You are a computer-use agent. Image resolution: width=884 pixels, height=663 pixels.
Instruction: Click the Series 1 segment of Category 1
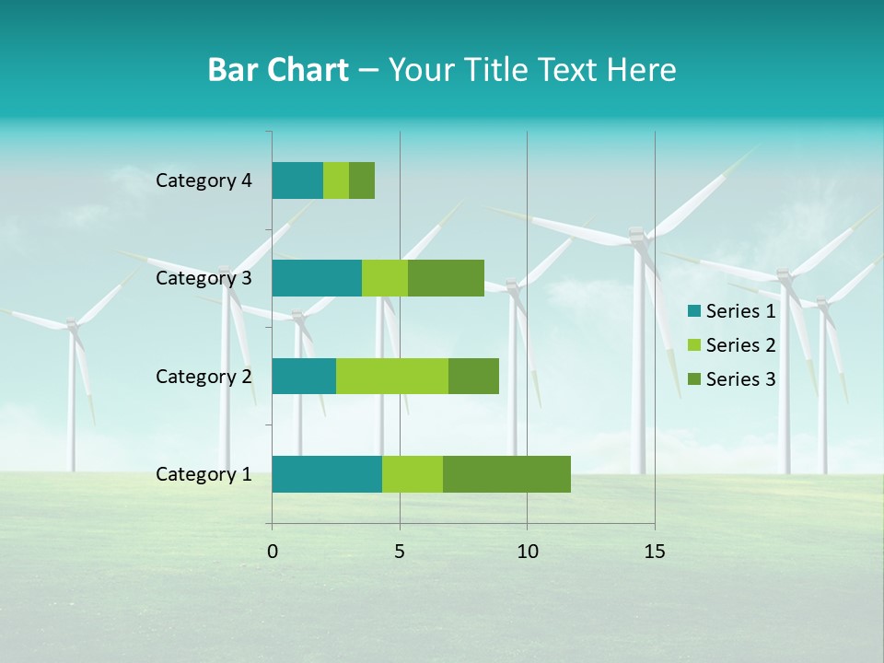[327, 474]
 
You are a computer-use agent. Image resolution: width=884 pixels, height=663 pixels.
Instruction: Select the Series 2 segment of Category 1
[413, 474]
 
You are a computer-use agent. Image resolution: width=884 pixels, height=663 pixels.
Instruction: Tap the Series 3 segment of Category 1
[506, 474]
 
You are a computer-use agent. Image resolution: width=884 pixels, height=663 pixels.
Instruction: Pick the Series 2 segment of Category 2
[392, 376]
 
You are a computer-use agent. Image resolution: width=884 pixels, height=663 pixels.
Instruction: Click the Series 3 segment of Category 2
[473, 376]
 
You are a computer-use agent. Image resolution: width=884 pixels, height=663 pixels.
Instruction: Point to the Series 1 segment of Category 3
[317, 278]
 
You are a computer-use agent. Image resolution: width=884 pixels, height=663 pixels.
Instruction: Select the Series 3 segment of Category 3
[446, 278]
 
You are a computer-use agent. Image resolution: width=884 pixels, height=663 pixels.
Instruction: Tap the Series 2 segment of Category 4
[336, 180]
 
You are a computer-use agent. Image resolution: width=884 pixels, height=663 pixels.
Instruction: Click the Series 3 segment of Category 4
[362, 180]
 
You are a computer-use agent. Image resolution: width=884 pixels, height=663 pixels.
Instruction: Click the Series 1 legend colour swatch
[693, 311]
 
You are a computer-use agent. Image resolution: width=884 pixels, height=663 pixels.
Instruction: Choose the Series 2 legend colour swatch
[693, 345]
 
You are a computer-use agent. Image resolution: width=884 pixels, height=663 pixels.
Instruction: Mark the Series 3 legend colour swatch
[693, 378]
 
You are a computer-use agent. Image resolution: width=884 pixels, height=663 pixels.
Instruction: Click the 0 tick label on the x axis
[273, 552]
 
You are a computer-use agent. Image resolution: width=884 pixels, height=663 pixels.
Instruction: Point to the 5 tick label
[400, 552]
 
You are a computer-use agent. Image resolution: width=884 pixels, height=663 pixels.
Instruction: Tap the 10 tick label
[527, 552]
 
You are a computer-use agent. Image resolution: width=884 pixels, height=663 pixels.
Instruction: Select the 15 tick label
[655, 552]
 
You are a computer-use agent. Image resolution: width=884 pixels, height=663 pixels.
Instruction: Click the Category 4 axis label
[204, 180]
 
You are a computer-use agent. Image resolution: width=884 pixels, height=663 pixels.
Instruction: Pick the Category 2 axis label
[204, 376]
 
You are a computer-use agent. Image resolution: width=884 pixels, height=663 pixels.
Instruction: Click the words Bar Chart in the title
[278, 70]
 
